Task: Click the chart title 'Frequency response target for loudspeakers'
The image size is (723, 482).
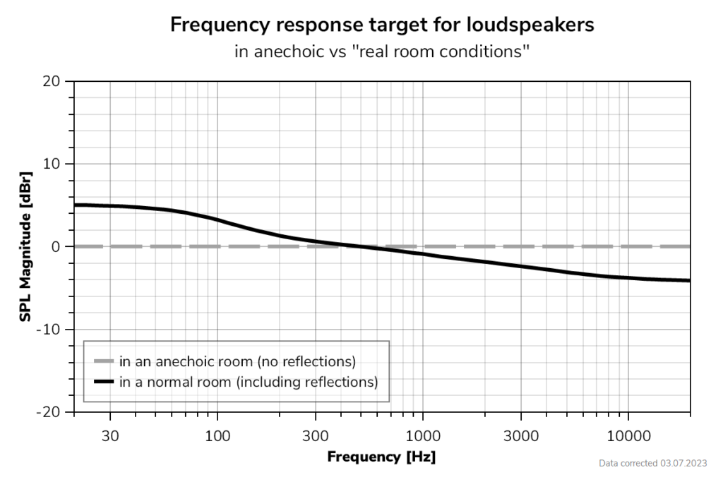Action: pos(382,25)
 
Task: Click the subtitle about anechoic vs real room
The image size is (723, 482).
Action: pos(382,52)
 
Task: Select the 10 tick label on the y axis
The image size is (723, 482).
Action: pos(54,164)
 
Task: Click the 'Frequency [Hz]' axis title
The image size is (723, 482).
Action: pos(381,457)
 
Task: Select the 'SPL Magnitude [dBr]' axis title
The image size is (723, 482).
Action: pos(25,246)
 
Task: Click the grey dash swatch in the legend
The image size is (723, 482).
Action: pos(104,361)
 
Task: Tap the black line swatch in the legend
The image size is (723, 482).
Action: pos(104,382)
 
